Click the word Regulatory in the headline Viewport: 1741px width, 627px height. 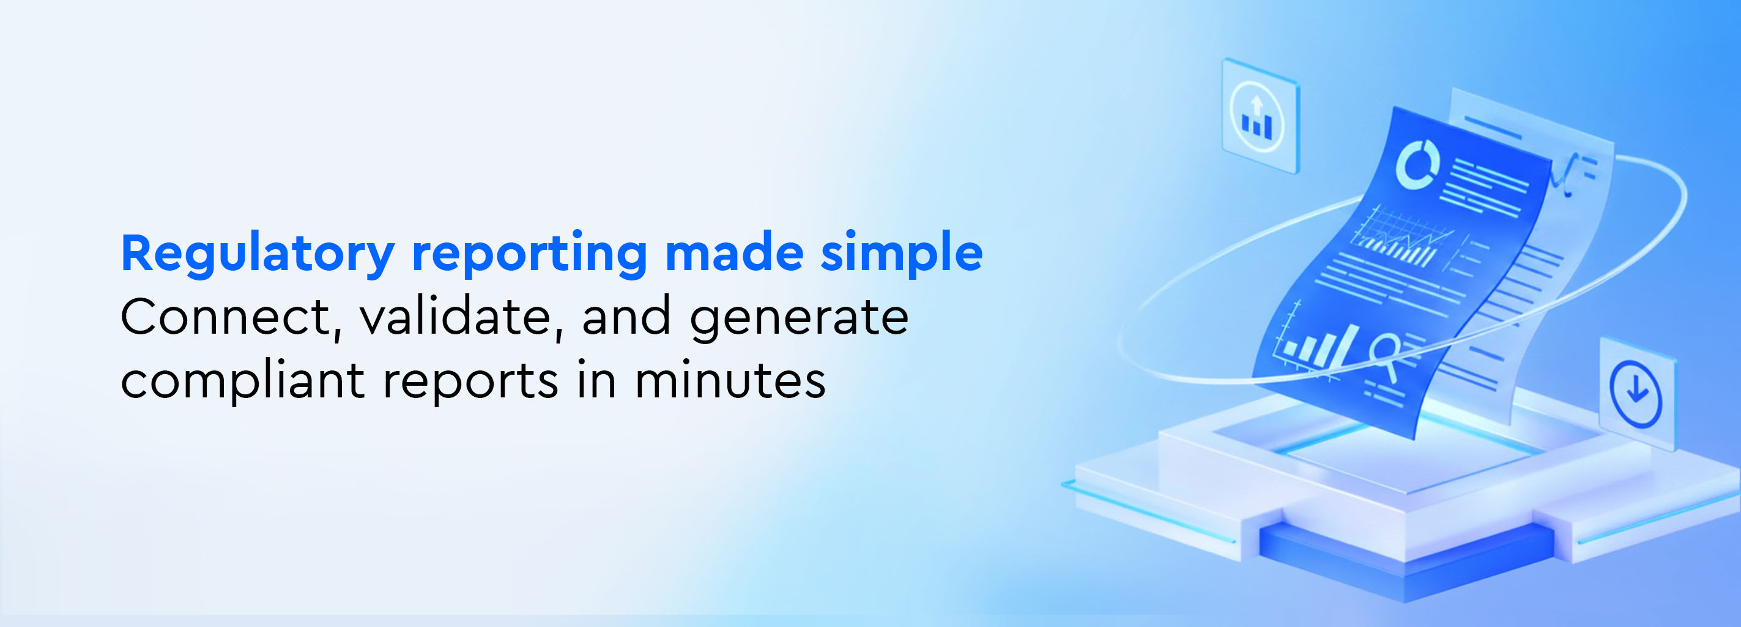(x=258, y=254)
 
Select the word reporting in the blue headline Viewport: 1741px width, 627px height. (x=530, y=254)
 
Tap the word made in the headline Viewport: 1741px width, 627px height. (x=734, y=252)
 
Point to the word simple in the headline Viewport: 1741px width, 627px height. (x=902, y=254)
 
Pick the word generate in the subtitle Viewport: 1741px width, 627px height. (x=799, y=319)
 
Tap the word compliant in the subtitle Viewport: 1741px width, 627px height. (x=243, y=381)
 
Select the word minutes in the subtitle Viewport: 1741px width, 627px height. (x=730, y=380)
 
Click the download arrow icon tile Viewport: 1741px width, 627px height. (x=1636, y=393)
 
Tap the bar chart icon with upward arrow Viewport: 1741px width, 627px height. (x=1260, y=116)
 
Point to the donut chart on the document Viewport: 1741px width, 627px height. (x=1417, y=163)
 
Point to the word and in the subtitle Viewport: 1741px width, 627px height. (x=626, y=317)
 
